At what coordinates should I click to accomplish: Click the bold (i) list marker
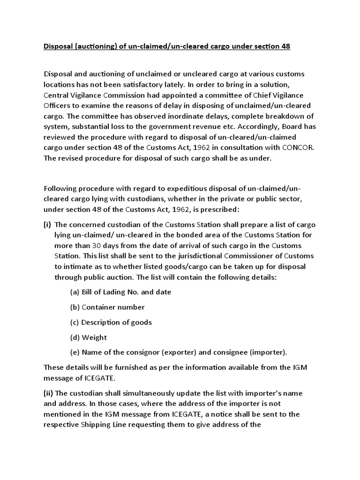click(x=47, y=225)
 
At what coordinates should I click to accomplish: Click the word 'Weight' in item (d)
click(x=94, y=337)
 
